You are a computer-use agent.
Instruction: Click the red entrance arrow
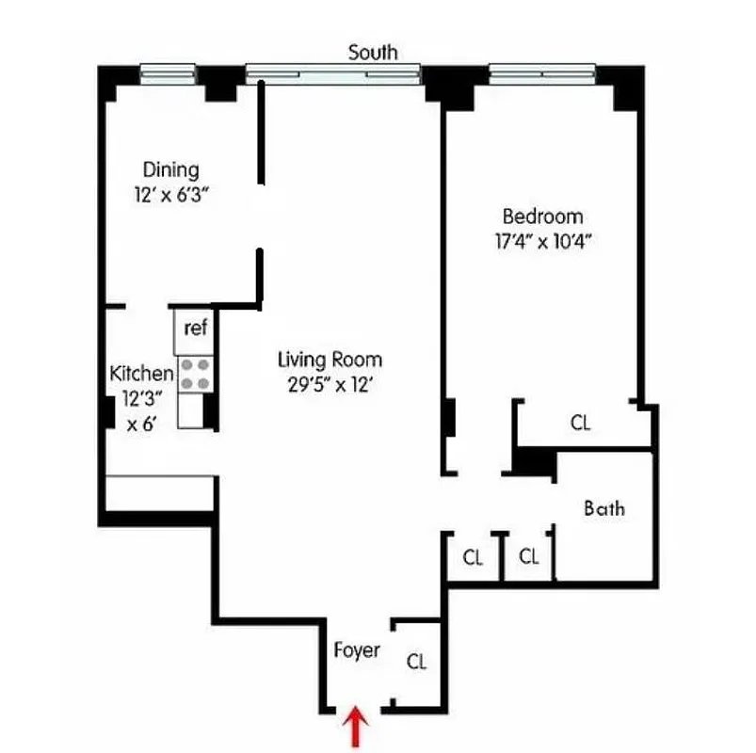pos(356,727)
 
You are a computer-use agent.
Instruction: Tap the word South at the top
pos(373,52)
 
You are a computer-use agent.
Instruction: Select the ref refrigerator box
pos(195,328)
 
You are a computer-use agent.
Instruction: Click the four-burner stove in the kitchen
pos(196,374)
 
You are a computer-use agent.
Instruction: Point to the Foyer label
pos(357,650)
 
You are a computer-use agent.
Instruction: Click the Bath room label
pos(604,509)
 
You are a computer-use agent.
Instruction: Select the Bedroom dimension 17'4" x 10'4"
pos(542,240)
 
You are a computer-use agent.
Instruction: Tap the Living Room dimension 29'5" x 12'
pos(330,383)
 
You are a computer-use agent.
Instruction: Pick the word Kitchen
pos(141,372)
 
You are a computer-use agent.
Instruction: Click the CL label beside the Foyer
pos(416,662)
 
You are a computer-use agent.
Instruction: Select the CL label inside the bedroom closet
pos(581,424)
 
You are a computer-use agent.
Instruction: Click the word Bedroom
pos(542,216)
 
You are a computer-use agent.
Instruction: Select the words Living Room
pos(330,359)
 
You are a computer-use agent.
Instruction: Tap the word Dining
pos(171,170)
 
